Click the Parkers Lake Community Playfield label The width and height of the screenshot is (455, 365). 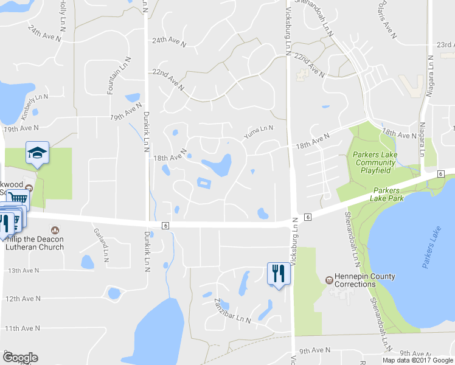pos(375,162)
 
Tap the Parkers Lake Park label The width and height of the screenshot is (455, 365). pos(390,194)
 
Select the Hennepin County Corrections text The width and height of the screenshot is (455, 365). pos(364,280)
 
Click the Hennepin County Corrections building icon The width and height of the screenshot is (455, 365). pos(329,280)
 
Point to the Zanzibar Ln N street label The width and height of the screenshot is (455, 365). pos(232,310)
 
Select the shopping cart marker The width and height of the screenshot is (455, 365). pos(19,200)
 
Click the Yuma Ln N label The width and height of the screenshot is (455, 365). pos(259,128)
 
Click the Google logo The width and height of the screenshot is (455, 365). pos(20,358)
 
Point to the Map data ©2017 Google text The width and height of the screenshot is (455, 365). pos(417,360)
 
